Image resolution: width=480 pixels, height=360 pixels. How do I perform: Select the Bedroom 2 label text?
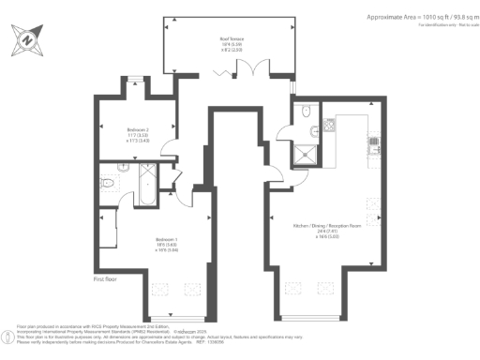tap(138, 133)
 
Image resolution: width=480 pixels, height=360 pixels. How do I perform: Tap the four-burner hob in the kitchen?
tap(373, 142)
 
